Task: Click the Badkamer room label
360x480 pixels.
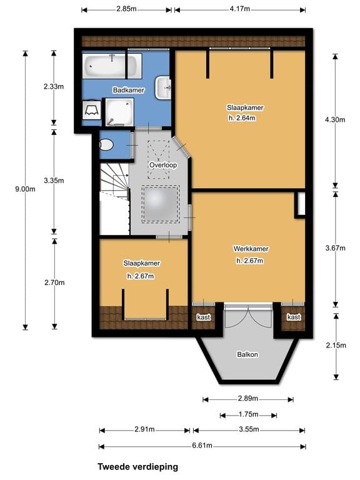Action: click(128, 91)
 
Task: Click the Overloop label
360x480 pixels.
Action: click(163, 165)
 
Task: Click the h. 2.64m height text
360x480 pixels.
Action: click(241, 117)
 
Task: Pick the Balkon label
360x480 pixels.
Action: click(247, 354)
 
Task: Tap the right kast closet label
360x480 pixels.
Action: click(293, 317)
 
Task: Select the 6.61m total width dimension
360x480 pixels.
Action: click(201, 446)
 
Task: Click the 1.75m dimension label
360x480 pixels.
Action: click(248, 414)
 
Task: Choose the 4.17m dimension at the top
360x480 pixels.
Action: click(240, 9)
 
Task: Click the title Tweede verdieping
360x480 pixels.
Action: click(137, 466)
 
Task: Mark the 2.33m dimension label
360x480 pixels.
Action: click(54, 87)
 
